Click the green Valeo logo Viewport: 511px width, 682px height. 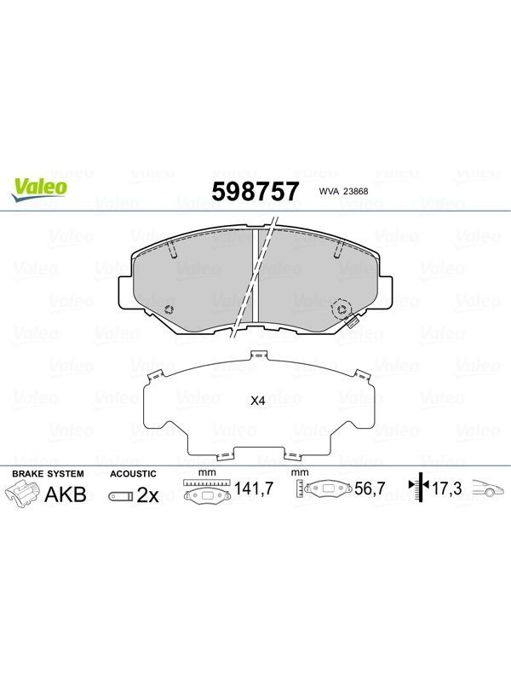(x=38, y=190)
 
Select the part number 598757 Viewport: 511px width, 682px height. (x=255, y=191)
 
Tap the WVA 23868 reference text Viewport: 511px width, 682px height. (x=343, y=191)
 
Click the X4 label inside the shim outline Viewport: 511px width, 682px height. (x=258, y=401)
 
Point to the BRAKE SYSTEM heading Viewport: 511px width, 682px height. (x=48, y=474)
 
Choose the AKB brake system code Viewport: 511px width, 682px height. (x=66, y=494)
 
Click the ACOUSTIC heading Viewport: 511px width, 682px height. (x=133, y=474)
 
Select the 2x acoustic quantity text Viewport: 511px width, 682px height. (x=147, y=495)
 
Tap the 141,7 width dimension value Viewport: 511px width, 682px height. (x=254, y=488)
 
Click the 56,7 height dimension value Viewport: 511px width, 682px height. (x=370, y=488)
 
